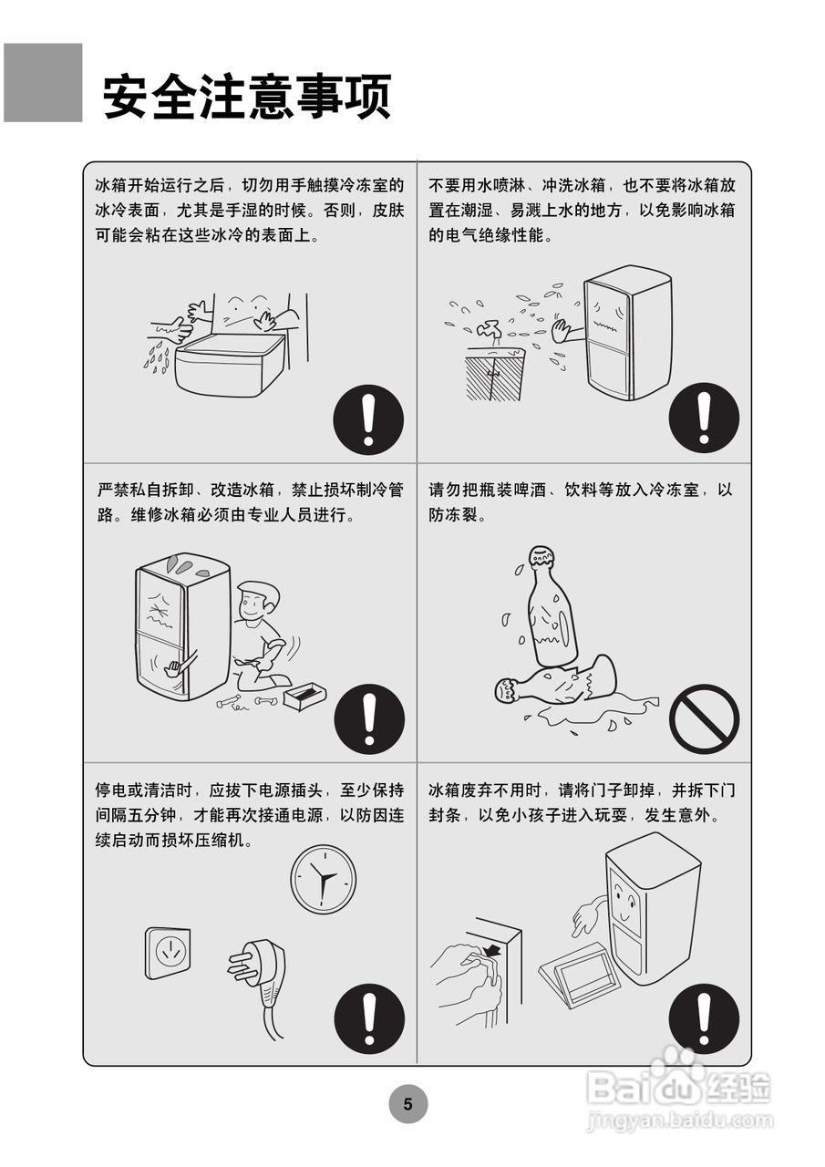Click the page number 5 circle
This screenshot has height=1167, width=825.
coord(407,1104)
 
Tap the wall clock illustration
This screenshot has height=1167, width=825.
coord(324,880)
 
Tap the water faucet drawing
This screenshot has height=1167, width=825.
coord(490,329)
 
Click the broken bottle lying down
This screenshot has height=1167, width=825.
coord(555,683)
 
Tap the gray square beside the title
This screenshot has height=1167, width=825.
coord(43,83)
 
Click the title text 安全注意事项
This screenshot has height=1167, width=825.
coord(247,97)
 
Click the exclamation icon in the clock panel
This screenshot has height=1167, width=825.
coord(369,1018)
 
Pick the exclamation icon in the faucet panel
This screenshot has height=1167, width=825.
coord(704,418)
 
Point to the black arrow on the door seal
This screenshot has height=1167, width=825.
coord(491,951)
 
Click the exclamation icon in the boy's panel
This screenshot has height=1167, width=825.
coord(369,719)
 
